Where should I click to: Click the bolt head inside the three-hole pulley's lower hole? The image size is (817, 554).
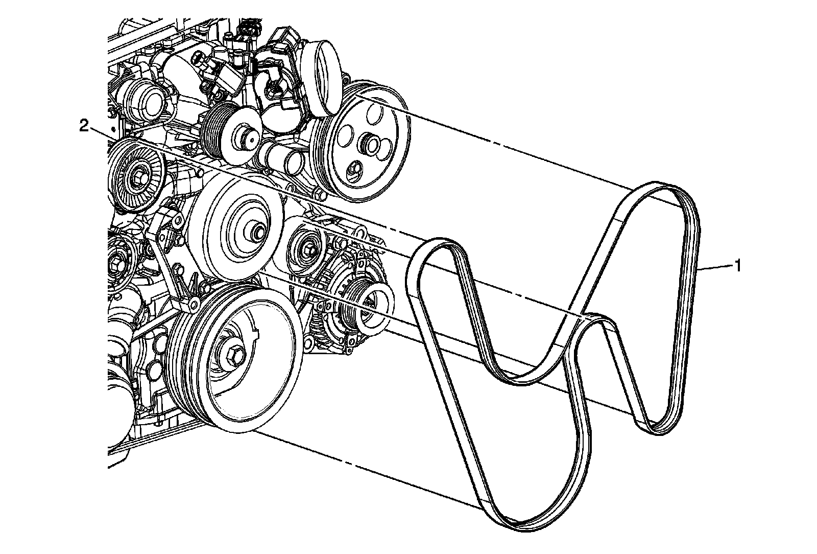coord(354,169)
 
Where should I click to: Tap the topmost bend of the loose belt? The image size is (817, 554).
coord(659,185)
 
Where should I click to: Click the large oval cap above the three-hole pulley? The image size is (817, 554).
coord(322,77)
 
